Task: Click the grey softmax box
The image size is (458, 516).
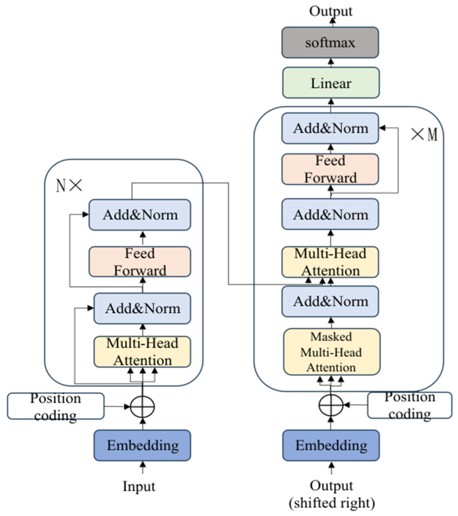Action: tap(330, 42)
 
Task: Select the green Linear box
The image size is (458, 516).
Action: tap(331, 83)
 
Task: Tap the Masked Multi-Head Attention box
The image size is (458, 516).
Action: tap(332, 352)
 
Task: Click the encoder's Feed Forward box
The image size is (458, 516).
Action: tap(140, 261)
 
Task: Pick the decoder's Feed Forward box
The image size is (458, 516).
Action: tap(330, 169)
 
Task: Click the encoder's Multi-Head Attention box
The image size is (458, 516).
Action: tap(142, 352)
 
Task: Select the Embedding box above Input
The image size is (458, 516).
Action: tap(142, 445)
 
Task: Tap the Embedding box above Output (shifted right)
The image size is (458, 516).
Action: tap(331, 445)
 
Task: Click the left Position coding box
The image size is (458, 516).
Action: tap(56, 406)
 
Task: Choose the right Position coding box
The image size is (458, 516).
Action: tap(410, 405)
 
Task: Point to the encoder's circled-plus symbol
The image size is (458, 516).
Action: tap(142, 406)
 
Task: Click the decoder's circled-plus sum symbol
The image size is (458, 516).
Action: tap(331, 405)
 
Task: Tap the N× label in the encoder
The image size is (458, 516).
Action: tap(69, 185)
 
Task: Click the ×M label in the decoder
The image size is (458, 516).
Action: tap(424, 135)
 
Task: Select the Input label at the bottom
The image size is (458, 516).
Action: tap(139, 486)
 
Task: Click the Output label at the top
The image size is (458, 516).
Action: tap(331, 11)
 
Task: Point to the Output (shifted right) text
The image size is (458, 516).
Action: tap(332, 494)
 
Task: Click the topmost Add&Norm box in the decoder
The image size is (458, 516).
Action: tap(330, 128)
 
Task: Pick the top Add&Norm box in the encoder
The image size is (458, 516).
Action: tap(140, 215)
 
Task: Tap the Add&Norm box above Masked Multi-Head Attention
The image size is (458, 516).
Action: tap(330, 301)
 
